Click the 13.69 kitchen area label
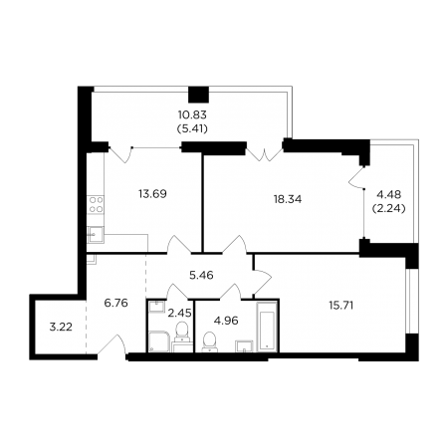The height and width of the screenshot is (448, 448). coord(152,194)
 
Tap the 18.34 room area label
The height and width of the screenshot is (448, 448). coord(288,199)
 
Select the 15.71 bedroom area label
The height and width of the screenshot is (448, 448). coord(340,305)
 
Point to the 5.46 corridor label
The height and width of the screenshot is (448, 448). coord(201,275)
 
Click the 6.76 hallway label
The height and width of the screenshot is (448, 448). coord(115,303)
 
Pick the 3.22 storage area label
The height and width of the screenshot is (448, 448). coord(61,327)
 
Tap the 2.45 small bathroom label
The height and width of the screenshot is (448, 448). coord(179,313)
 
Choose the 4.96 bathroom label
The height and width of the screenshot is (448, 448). coord(226,321)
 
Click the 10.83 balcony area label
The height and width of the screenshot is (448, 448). coord(192,114)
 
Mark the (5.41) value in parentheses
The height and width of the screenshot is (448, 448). coord(192,128)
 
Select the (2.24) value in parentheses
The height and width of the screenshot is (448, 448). coord(389,208)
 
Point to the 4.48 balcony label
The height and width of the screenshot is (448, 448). coord(389,194)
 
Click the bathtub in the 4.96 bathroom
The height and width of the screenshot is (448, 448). coord(267,327)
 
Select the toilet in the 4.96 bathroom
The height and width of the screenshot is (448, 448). coord(209,341)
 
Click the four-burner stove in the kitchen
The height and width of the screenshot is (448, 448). coord(96,204)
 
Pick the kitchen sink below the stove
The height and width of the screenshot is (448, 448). coord(96,235)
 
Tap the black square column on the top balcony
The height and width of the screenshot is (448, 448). coord(198,95)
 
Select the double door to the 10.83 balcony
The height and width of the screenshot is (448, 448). coord(265,155)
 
